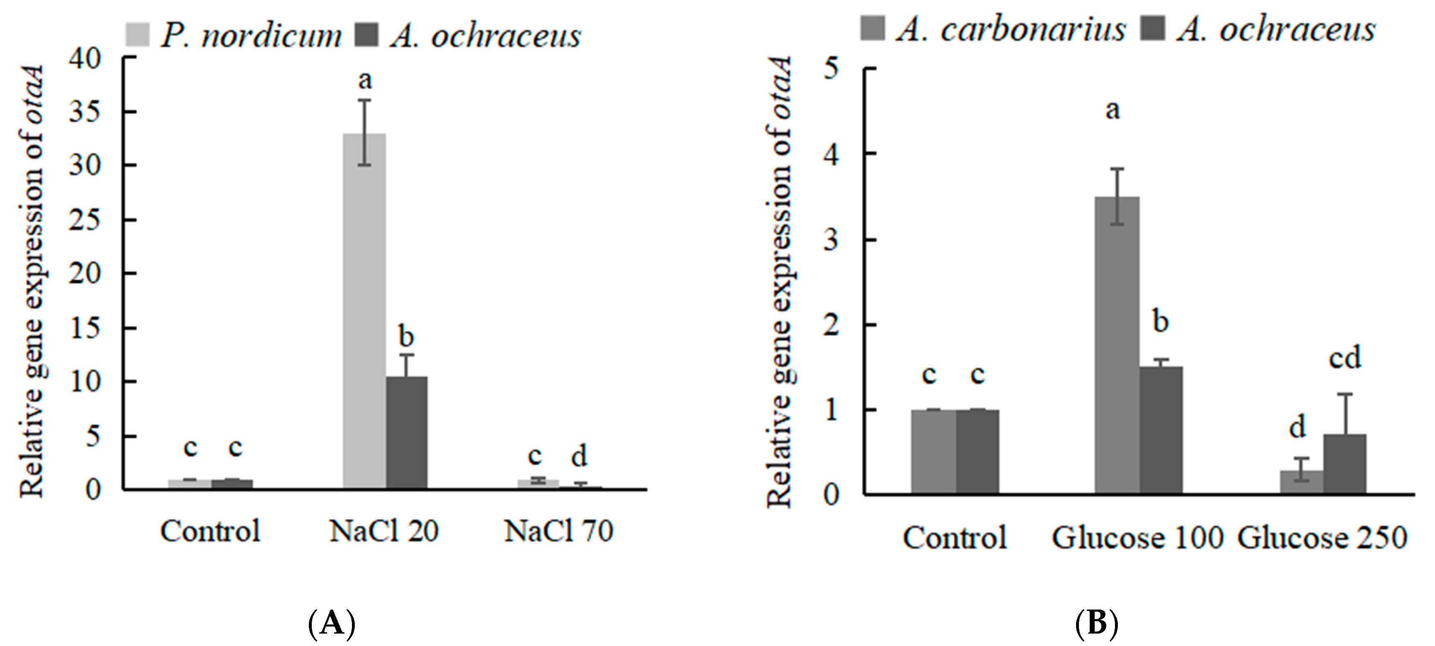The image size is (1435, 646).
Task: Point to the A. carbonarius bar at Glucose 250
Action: point(1301,482)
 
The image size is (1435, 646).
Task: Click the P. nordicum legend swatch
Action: point(137,34)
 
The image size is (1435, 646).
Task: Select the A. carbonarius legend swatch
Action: point(872,28)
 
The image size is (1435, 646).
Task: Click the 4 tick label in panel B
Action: point(831,154)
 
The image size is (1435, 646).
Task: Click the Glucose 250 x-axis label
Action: point(1322,538)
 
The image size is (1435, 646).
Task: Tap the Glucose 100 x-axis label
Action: point(1137,538)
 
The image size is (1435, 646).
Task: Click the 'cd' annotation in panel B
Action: point(1345,357)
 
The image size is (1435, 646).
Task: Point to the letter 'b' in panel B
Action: point(1161,322)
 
